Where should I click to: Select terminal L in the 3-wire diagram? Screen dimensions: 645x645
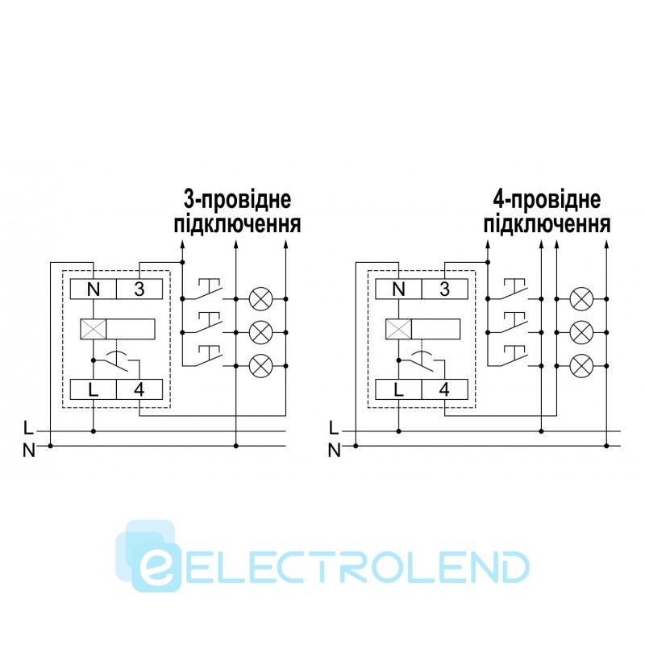(x=93, y=390)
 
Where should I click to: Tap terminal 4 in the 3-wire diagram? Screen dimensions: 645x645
(x=139, y=390)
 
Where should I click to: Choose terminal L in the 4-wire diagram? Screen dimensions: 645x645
(x=397, y=390)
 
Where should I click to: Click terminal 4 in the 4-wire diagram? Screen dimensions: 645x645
(x=444, y=390)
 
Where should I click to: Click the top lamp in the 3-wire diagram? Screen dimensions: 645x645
(x=260, y=298)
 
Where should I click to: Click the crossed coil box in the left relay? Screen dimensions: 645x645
(x=94, y=329)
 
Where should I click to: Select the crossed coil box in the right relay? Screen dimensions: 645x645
(x=398, y=329)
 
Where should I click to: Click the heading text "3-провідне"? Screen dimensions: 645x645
(x=236, y=200)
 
